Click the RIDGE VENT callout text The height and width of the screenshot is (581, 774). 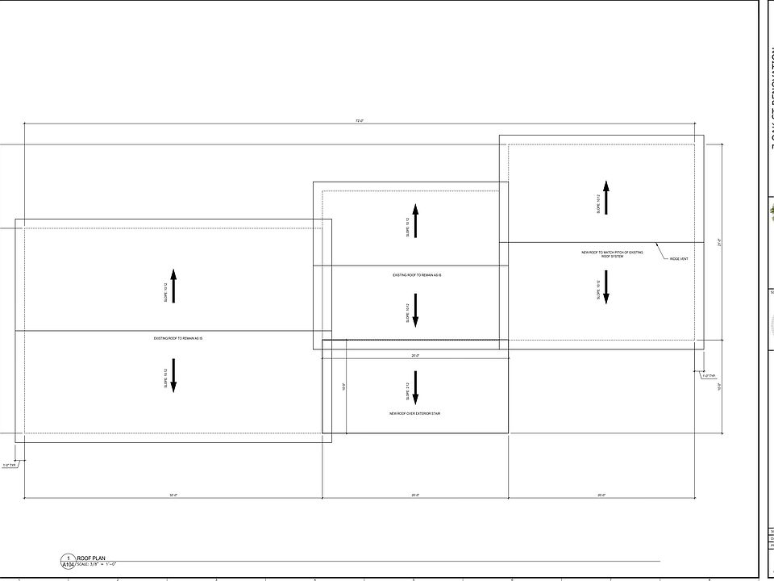point(679,259)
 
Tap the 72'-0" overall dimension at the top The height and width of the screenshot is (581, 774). point(360,120)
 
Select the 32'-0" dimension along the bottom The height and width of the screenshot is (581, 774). point(173,495)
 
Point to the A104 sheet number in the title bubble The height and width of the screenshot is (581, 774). point(68,565)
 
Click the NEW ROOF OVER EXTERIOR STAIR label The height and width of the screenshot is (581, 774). point(414,413)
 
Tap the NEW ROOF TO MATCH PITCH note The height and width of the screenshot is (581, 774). point(613,254)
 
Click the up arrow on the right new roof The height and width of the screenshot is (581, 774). point(605,197)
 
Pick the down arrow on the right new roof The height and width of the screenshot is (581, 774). point(605,287)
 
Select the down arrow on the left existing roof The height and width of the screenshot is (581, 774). point(173,374)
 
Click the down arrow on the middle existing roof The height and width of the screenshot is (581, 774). point(415,311)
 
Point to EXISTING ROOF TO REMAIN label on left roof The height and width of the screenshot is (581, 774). point(177,338)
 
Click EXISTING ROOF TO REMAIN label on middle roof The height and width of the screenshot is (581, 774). point(417,276)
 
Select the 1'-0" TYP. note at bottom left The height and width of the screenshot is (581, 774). point(10,465)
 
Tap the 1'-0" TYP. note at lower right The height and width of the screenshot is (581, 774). point(708,375)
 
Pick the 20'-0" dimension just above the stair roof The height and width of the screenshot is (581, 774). point(415,355)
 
